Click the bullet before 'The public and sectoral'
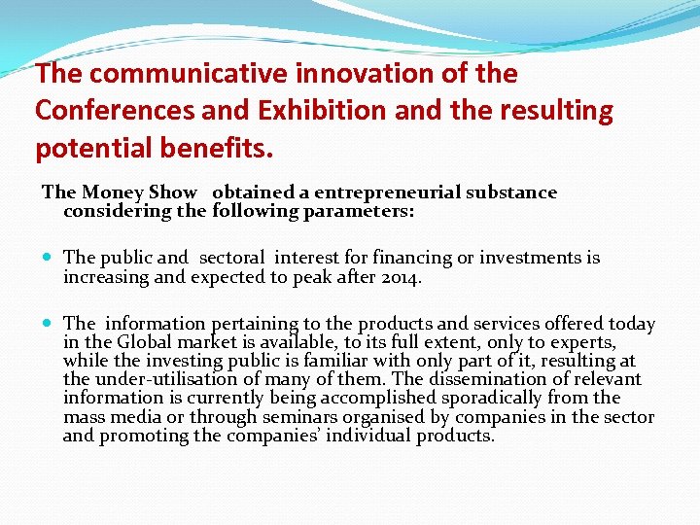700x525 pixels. tap(49, 259)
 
